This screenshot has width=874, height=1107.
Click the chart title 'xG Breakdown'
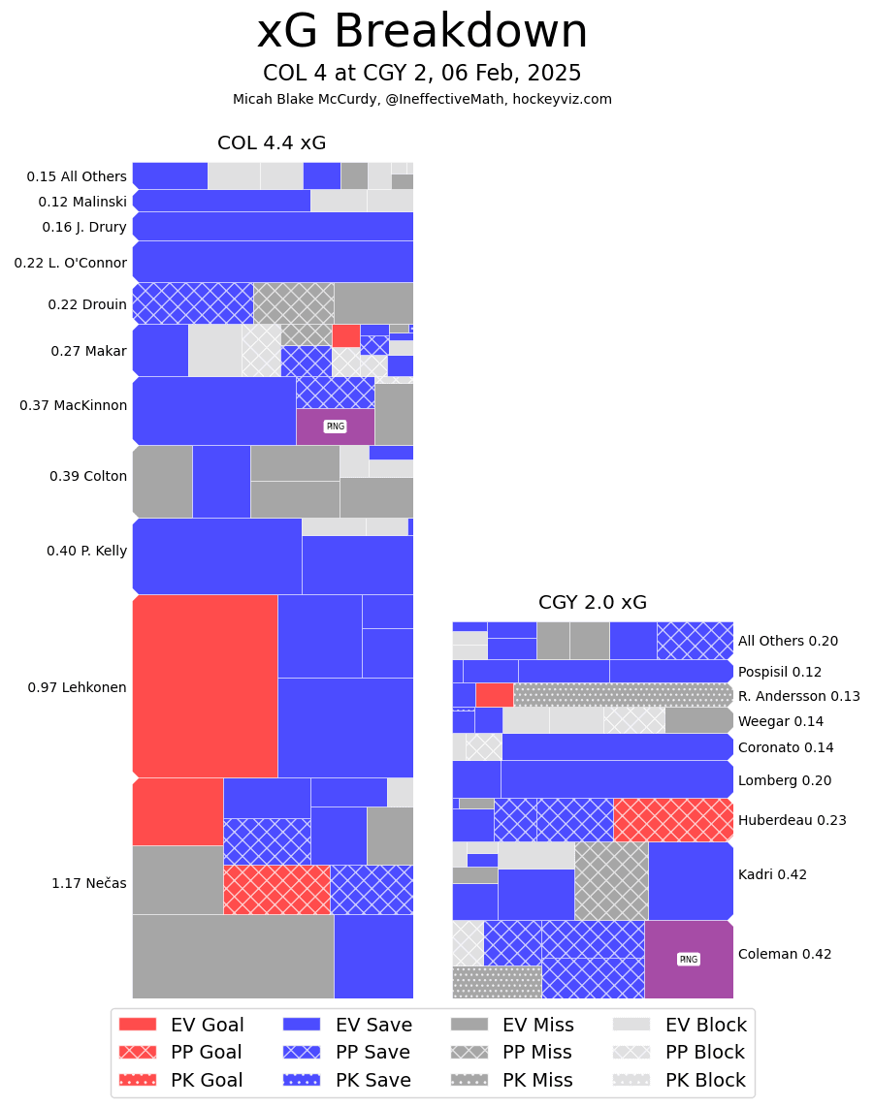[422, 32]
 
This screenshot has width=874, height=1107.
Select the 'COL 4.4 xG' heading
[272, 143]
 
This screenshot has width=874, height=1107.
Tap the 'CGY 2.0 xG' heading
[593, 603]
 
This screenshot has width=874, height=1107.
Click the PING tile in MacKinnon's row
[335, 427]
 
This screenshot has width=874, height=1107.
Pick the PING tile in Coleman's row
[689, 960]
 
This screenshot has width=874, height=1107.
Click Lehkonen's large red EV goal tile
[205, 686]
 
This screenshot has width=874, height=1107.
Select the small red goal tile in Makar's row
[345, 335]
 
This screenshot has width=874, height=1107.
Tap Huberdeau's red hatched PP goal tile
[673, 820]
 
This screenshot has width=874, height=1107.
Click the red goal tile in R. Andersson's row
[494, 695]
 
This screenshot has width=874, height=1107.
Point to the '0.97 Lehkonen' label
[77, 687]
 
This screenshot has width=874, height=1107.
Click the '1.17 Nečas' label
[88, 883]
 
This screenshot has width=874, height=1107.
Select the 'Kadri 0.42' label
[772, 874]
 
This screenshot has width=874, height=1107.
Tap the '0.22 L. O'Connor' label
[70, 263]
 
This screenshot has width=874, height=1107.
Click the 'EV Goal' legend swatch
[137, 1025]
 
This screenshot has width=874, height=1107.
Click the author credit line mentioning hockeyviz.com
[422, 99]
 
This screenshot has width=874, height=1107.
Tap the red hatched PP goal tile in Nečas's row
[276, 890]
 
